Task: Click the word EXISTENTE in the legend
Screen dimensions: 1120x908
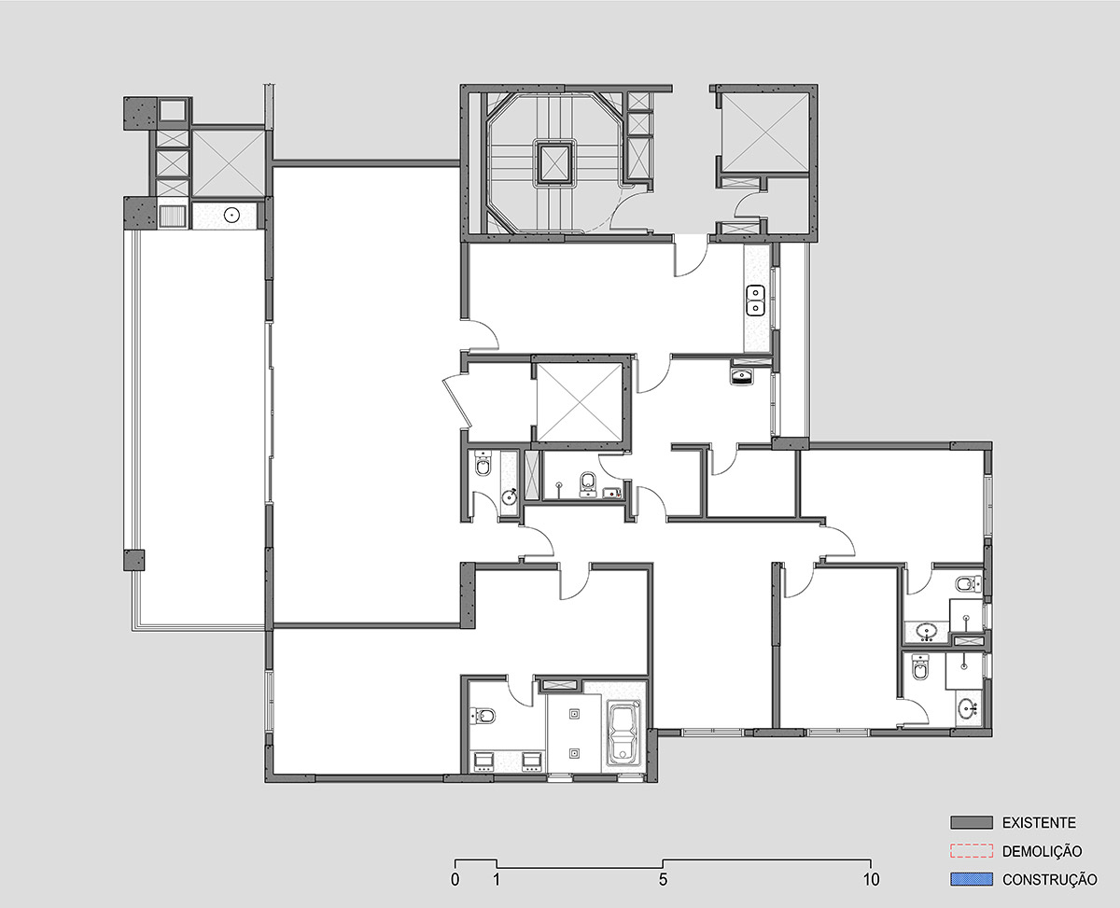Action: click(x=1039, y=822)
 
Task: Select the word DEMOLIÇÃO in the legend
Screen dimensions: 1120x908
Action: click(x=1042, y=851)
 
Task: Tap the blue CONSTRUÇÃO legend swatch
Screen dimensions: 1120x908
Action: click(x=972, y=879)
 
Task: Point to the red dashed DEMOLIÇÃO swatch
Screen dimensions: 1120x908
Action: click(x=972, y=851)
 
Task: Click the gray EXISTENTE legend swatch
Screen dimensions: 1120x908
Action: click(x=972, y=822)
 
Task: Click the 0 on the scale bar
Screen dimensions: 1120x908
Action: click(x=455, y=880)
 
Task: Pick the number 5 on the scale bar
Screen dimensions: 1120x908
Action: click(x=663, y=880)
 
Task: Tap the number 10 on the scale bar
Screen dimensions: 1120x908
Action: click(x=872, y=880)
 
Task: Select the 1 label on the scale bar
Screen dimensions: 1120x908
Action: click(x=497, y=880)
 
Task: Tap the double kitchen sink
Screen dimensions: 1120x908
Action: click(x=756, y=300)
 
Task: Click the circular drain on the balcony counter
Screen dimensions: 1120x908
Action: click(x=231, y=215)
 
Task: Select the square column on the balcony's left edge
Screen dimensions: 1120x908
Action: click(x=133, y=560)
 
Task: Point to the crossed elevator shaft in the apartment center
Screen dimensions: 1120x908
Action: click(x=579, y=401)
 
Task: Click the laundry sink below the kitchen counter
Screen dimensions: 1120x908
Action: click(x=741, y=376)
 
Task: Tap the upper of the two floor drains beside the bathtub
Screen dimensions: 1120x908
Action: click(x=574, y=715)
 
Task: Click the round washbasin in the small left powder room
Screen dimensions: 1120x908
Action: click(x=509, y=496)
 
